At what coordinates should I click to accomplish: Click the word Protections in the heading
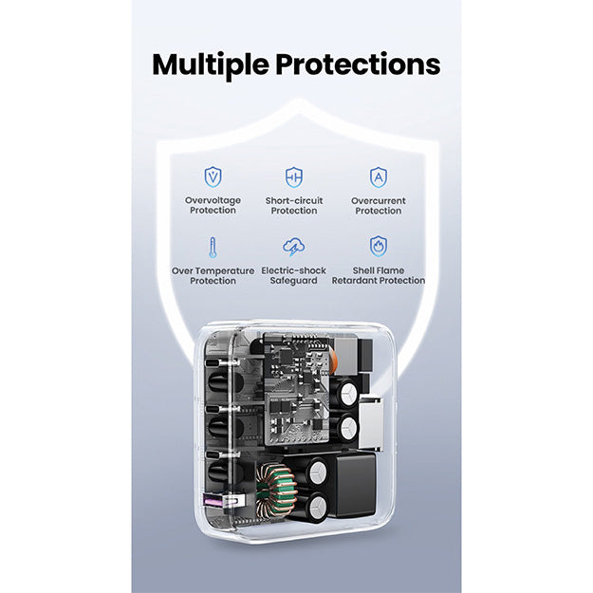coord(358,65)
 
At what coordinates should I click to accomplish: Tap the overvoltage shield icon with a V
coord(213,177)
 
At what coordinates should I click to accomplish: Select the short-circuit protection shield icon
coord(294,177)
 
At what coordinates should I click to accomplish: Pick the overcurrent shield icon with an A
coord(379,177)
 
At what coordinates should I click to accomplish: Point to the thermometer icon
coord(213,248)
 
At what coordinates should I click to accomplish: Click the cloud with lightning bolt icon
coord(294,247)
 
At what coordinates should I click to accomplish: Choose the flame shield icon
coord(379,247)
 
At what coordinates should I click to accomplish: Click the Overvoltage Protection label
coord(213,205)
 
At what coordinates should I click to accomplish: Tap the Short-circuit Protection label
coord(294,205)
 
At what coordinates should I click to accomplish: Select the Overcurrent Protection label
coord(379,205)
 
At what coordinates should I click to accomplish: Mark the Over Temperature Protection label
coord(213,276)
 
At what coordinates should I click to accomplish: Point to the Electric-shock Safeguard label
coord(293,275)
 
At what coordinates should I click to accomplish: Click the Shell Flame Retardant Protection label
coord(379,275)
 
